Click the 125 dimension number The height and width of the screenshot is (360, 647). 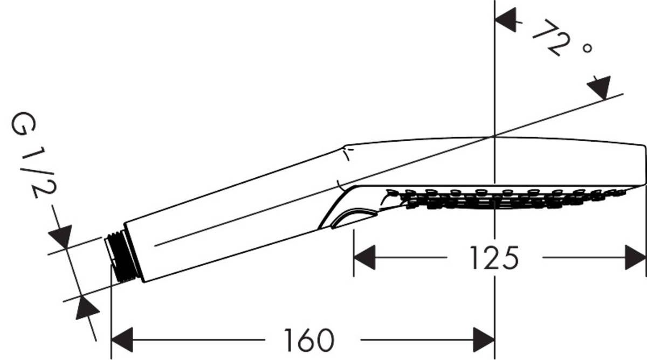tap(494, 258)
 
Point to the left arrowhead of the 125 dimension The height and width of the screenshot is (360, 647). tap(363, 258)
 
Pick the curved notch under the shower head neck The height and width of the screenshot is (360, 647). tap(350, 218)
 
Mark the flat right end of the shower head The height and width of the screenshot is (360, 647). tap(644, 164)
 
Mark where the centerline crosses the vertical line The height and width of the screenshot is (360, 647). tap(494, 136)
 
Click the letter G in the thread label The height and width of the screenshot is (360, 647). tap(24, 125)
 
